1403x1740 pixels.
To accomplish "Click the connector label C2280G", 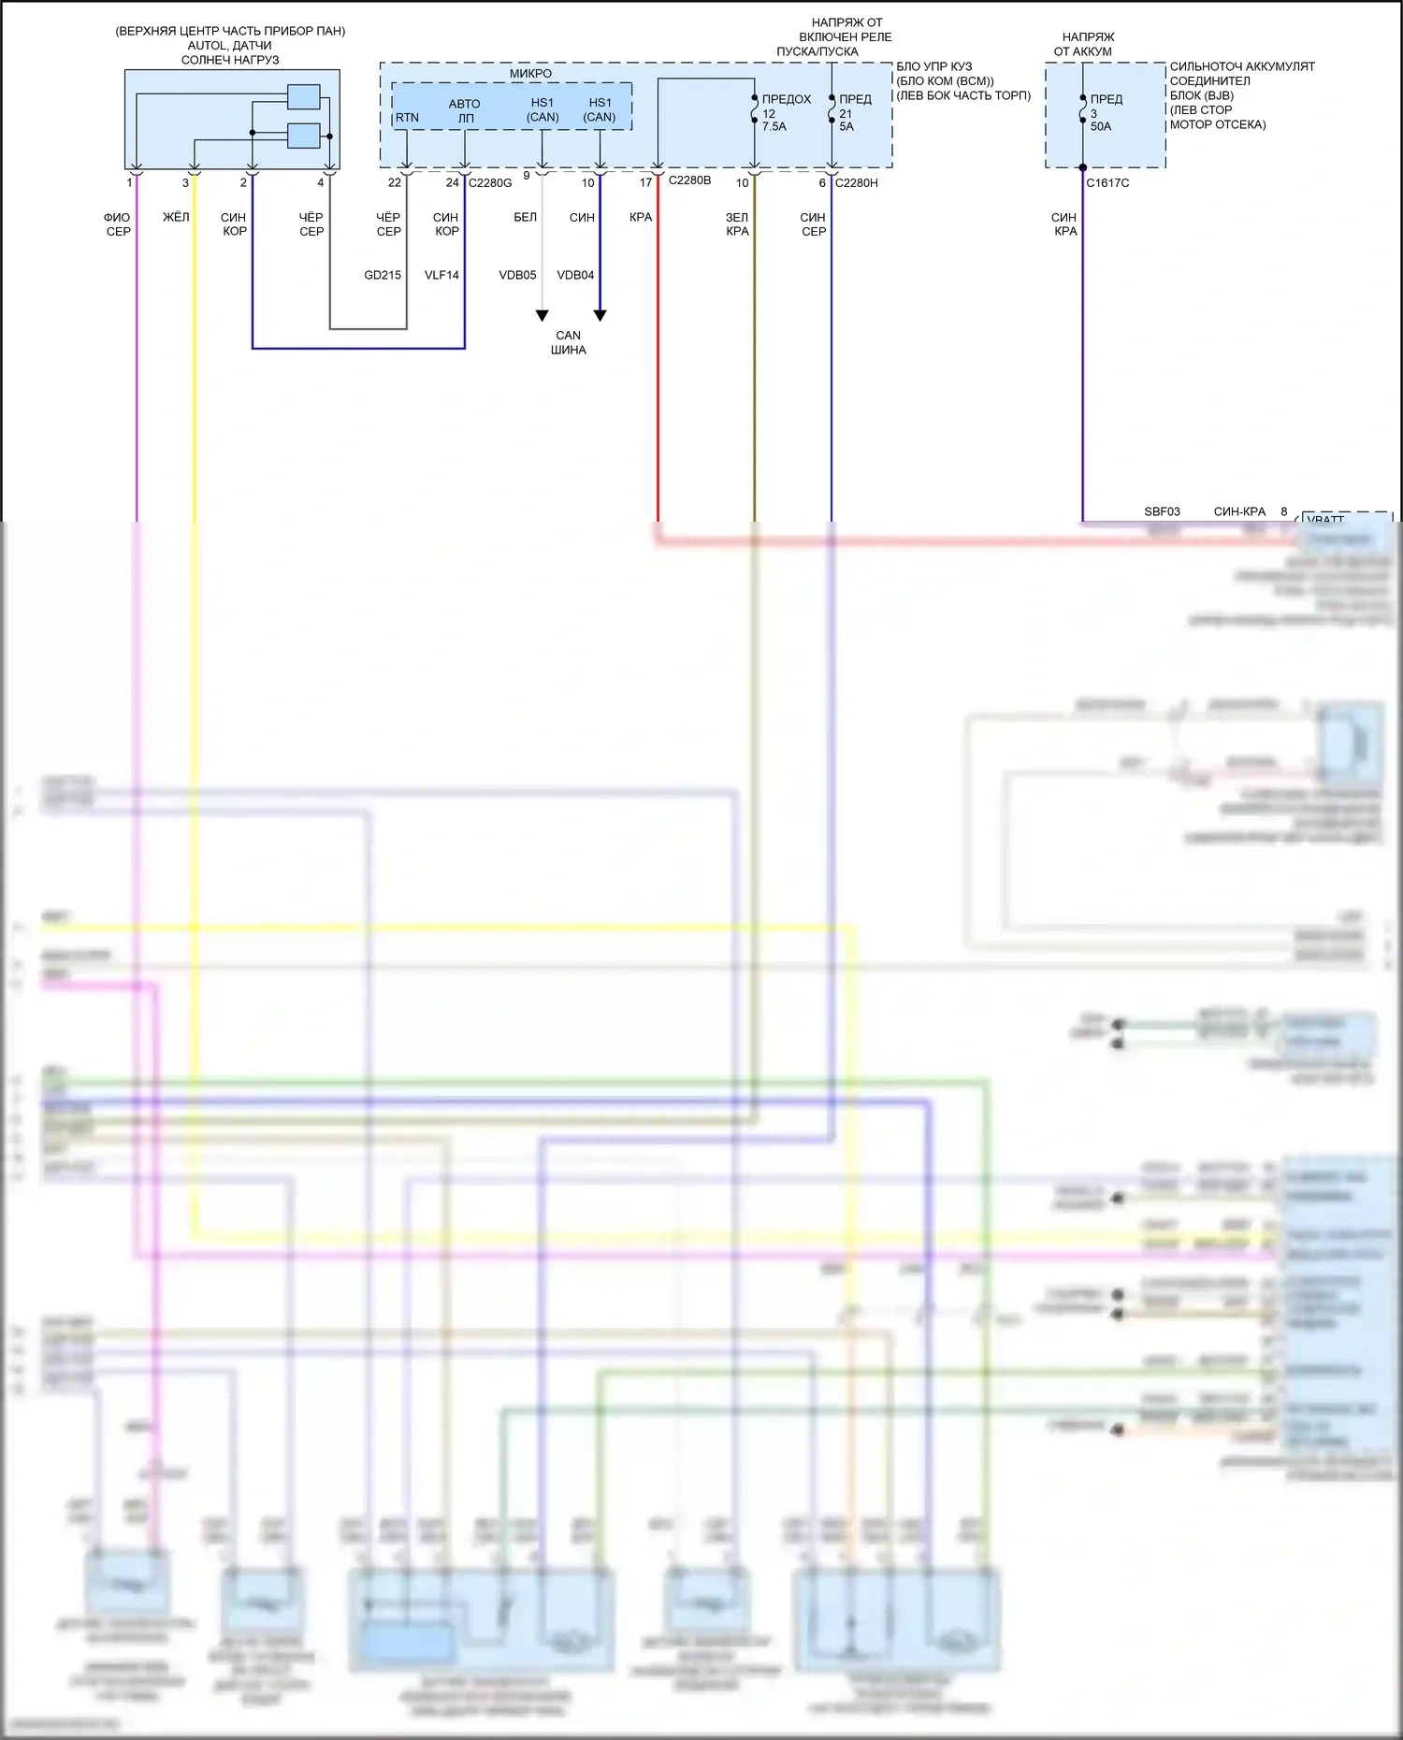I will point(490,183).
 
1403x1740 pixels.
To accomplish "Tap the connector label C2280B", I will point(689,180).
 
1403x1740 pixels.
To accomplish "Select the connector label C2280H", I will point(856,183).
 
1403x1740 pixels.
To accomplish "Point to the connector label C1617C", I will point(1107,183).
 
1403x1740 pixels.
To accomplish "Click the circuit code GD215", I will point(383,276).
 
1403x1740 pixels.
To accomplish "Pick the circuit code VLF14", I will point(441,276).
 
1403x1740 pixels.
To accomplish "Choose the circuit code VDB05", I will point(517,276).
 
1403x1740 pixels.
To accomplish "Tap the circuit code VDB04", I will point(575,276).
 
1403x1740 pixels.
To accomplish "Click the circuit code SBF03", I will point(1162,512).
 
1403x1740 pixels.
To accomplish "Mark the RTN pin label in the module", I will point(407,118).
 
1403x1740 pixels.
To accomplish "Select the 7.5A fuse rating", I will point(774,127).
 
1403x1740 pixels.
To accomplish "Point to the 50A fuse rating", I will point(1101,127).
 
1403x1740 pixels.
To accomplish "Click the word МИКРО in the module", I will point(530,74).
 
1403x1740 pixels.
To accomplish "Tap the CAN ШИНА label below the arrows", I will point(568,342).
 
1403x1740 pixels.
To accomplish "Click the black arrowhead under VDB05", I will point(542,316).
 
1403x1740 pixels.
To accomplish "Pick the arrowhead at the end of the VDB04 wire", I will point(600,316).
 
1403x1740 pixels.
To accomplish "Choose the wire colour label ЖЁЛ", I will point(176,218).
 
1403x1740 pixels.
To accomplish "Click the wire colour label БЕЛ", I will point(525,218).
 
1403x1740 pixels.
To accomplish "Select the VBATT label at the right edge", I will point(1325,519).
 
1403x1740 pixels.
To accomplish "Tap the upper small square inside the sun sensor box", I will point(303,97).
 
